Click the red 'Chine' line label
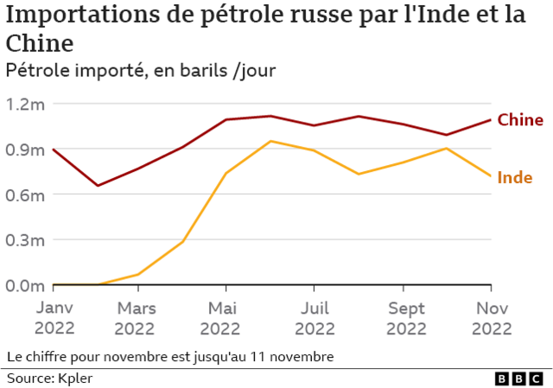tap(520, 120)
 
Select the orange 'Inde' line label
tap(515, 177)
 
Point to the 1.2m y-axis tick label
tap(25, 105)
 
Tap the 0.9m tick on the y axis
tap(25, 149)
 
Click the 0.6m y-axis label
tap(25, 195)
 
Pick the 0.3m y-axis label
tap(25, 240)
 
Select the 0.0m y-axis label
tap(25, 286)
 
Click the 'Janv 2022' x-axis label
tap(54, 318)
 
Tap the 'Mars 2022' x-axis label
tap(135, 318)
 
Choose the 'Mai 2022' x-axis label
tap(221, 318)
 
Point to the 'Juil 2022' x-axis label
tap(315, 318)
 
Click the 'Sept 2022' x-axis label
tap(406, 318)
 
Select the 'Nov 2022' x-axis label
tap(492, 318)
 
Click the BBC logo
tap(518, 378)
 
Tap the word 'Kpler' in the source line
tap(75, 378)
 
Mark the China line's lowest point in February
tap(98, 186)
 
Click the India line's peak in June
tap(270, 141)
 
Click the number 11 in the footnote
tap(257, 357)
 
